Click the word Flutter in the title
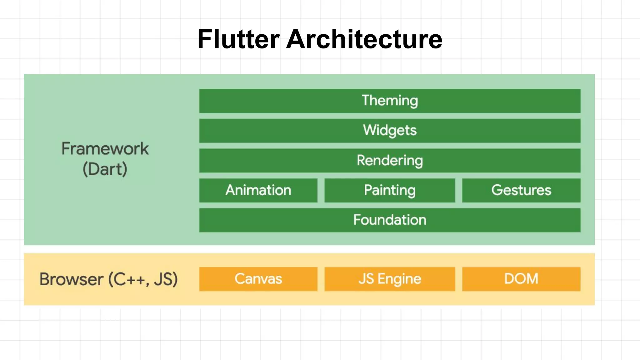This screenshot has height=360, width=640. [238, 39]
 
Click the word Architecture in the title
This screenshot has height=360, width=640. [364, 39]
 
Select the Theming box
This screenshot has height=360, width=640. [390, 101]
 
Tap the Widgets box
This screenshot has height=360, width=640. [390, 131]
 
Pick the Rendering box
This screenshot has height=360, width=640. [390, 161]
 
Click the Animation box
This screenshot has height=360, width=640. [258, 190]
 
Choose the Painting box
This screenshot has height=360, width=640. [390, 190]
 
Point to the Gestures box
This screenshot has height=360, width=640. [521, 190]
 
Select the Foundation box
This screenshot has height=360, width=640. [390, 220]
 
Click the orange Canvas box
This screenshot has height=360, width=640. [258, 279]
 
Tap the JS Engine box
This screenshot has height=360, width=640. [390, 279]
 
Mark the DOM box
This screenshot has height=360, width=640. [521, 279]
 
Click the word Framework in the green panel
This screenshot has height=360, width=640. [105, 149]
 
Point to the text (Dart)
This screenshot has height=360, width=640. [105, 169]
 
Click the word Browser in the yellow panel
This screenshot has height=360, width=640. [71, 279]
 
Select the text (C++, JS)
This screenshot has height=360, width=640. [143, 279]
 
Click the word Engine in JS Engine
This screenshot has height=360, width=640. [399, 279]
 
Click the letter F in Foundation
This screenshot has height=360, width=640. [357, 220]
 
